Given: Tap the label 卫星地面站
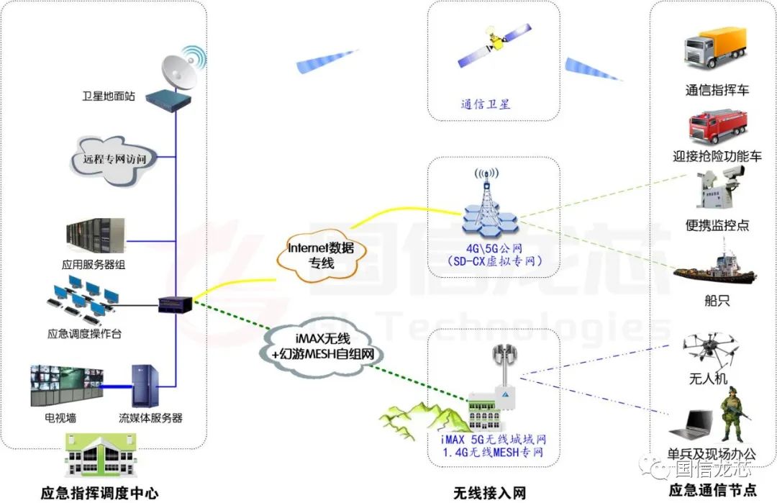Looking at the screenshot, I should click(x=113, y=96).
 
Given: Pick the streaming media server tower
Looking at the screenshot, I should click(x=143, y=386).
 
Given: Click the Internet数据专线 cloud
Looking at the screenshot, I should click(x=321, y=254).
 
